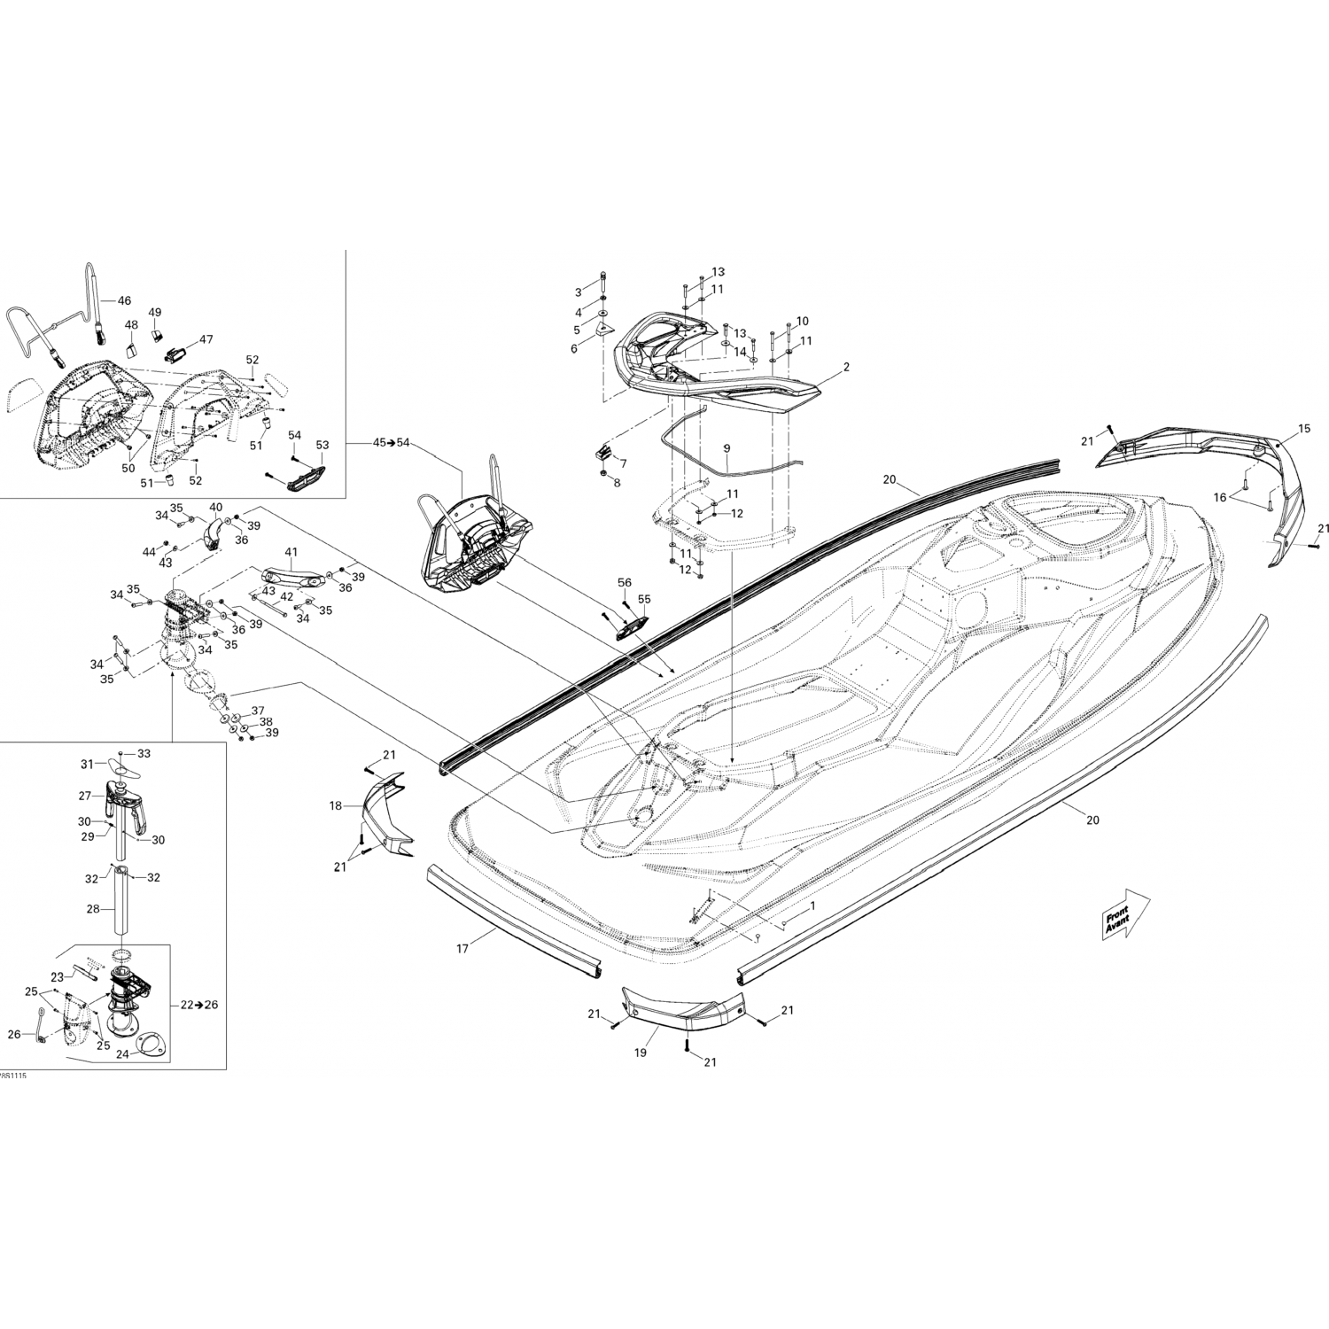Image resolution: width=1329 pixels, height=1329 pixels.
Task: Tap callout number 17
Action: point(462,949)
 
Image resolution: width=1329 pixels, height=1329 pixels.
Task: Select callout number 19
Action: point(640,1054)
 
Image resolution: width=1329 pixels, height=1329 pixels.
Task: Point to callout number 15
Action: point(1303,429)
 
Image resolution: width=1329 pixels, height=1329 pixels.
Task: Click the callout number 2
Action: point(846,366)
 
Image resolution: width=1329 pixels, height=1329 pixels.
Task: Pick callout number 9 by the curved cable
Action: point(727,448)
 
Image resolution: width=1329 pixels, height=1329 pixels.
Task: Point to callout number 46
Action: point(124,300)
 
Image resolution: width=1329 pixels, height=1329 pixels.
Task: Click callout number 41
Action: point(291,552)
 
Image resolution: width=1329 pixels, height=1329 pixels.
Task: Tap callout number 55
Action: point(644,599)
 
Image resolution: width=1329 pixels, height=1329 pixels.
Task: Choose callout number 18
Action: point(335,806)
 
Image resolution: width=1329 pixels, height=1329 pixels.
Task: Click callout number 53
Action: point(322,445)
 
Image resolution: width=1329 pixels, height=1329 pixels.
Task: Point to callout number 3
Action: point(579,292)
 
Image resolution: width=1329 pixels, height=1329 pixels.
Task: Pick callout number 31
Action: point(87,764)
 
